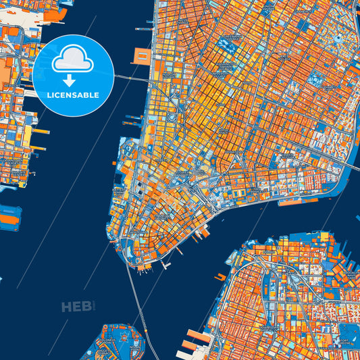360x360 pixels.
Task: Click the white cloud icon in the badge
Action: [72, 61]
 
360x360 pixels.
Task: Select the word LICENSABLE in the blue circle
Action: [72, 95]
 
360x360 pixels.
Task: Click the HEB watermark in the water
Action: [76, 307]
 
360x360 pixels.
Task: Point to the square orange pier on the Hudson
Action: [143, 56]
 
